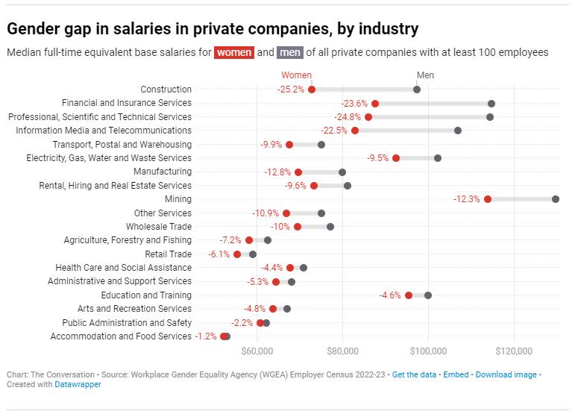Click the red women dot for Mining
coord(488,199)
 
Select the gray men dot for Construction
coord(417,90)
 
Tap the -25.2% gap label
coord(291,90)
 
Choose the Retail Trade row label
coord(168,254)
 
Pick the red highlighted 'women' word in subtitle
coord(234,52)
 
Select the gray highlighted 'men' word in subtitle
coord(288,52)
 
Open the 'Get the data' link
coord(414,374)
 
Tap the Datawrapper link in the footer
coord(78,385)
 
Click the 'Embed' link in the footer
coord(456,374)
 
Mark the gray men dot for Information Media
coord(458,131)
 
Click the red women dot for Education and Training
coord(409,295)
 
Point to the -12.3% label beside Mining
coord(468,199)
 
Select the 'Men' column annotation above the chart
coord(425,75)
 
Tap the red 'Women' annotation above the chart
coord(296,75)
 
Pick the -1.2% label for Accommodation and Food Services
coord(207,336)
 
